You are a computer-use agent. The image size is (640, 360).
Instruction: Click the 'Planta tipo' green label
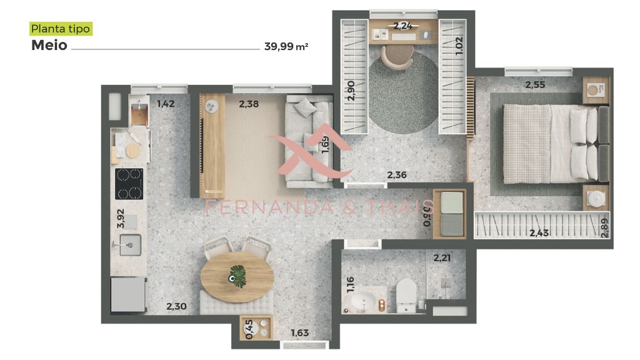(61, 29)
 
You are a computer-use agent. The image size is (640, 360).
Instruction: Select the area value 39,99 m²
(286, 46)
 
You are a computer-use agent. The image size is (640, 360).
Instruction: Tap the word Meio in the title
(49, 45)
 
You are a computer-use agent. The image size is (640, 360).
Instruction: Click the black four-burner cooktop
(129, 184)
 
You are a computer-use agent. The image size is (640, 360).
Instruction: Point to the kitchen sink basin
(130, 245)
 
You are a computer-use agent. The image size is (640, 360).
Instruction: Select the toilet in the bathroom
(406, 296)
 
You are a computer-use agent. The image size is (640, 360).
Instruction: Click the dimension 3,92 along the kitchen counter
(121, 218)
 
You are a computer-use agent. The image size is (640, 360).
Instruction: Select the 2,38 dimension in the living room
(249, 104)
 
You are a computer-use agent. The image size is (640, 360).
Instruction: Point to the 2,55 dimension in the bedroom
(535, 85)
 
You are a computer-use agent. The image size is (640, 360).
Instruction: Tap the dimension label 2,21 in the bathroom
(442, 258)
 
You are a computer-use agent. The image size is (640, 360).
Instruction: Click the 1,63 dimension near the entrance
(299, 333)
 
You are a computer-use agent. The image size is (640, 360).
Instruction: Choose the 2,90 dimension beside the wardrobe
(351, 90)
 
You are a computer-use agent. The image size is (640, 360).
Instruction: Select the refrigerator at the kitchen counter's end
(129, 294)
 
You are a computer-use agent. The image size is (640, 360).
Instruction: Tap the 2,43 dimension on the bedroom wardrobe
(539, 233)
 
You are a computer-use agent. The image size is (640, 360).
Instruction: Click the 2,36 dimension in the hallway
(397, 175)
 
